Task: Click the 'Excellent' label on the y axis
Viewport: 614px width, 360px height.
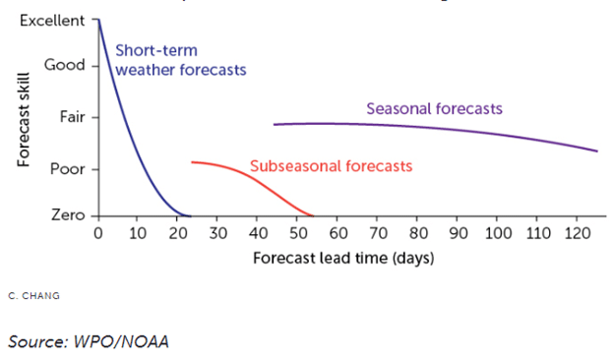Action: [x=52, y=20]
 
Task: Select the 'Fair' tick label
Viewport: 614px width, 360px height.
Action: [x=73, y=116]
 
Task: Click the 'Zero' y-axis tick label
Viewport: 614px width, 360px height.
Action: [x=69, y=214]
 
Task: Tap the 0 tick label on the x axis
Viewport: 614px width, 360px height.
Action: [x=97, y=234]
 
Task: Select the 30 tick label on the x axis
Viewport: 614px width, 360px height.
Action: [x=217, y=234]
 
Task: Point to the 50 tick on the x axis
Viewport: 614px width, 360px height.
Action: [x=298, y=234]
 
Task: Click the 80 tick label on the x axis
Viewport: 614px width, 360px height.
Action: [x=418, y=234]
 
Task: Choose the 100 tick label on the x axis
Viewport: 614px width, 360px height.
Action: [x=498, y=234]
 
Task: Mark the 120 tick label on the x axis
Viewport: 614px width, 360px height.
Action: [x=579, y=234]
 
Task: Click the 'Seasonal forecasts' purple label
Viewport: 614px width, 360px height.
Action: [x=435, y=107]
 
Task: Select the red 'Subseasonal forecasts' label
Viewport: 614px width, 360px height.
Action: [x=331, y=166]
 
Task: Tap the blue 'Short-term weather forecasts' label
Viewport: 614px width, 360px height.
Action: [x=179, y=60]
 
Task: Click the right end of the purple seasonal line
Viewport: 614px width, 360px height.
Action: [x=597, y=150]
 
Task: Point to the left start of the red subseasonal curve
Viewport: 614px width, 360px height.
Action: [x=193, y=162]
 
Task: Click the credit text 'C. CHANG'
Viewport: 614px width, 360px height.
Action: [x=33, y=295]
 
